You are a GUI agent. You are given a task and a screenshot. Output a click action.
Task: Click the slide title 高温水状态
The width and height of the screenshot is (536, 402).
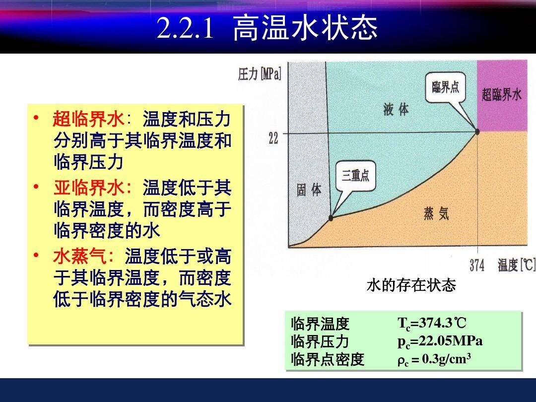[x=305, y=28]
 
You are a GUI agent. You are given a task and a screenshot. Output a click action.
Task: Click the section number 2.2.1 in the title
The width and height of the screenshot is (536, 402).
[x=185, y=28]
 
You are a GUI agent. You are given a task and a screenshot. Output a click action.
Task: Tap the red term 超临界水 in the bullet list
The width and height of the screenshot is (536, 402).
[x=88, y=119]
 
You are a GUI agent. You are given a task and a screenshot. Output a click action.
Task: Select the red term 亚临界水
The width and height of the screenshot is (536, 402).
[x=88, y=188]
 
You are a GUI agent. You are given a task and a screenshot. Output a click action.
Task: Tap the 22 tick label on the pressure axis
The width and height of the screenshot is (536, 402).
[x=273, y=138]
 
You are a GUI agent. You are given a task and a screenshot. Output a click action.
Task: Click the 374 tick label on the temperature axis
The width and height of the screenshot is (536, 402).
[x=477, y=265]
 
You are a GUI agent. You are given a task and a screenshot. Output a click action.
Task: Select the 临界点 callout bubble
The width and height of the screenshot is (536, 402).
[x=446, y=87]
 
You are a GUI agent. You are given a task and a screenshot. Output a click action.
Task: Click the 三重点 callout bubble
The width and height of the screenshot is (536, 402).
[x=355, y=176]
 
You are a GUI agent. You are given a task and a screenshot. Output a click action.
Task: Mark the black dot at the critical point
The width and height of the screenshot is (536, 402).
[x=477, y=131]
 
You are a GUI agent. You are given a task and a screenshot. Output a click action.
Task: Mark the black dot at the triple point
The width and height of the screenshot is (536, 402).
[x=331, y=218]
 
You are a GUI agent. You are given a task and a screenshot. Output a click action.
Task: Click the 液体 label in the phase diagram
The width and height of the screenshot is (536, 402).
[x=396, y=109]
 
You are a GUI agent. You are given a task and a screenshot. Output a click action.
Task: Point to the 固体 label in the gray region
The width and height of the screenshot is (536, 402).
[x=309, y=190]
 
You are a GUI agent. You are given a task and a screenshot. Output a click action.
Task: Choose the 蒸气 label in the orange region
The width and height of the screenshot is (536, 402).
[x=436, y=213]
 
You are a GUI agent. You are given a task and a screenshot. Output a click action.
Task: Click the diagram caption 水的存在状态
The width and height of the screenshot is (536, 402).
[x=411, y=285]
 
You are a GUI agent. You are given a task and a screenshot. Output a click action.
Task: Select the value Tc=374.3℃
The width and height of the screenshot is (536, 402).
[x=432, y=324]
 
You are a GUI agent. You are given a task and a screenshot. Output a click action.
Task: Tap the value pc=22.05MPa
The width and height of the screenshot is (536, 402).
[x=440, y=341]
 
